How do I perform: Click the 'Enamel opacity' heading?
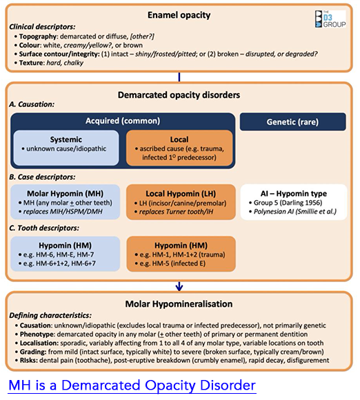[x=179, y=14]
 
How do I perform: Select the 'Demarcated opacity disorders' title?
[x=179, y=95]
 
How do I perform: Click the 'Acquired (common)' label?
[x=121, y=121]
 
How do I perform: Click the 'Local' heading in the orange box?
[x=179, y=139]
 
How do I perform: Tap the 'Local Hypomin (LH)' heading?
[x=179, y=194]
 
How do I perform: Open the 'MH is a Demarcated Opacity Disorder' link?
[x=130, y=385]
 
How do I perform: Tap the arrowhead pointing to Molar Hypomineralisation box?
[x=179, y=286]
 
